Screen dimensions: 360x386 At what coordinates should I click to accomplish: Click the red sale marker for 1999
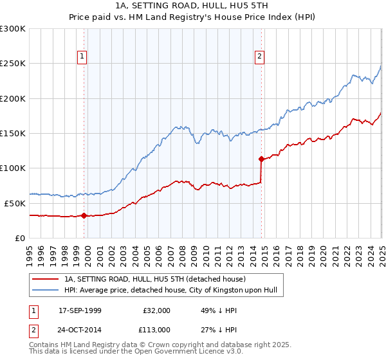tap(84, 216)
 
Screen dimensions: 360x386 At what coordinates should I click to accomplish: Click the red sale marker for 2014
tap(261, 159)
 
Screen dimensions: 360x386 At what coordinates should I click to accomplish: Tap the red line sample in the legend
tap(45, 280)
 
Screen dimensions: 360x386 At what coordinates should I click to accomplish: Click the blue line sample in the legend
tap(45, 291)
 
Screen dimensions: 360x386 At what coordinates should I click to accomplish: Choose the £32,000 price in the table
tap(158, 310)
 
